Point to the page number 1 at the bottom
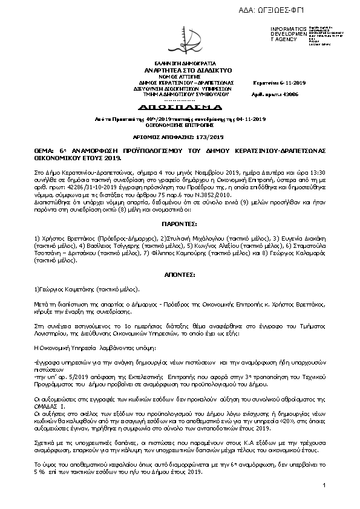point(325,485)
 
